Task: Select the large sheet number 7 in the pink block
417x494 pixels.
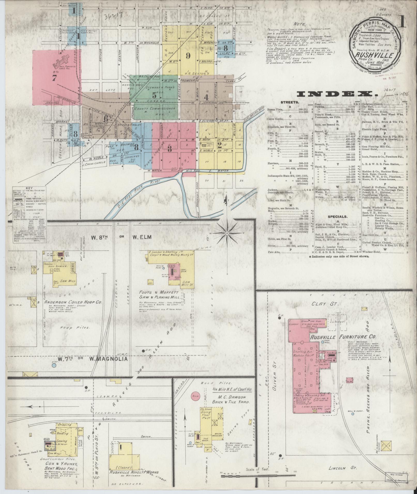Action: click(x=54, y=78)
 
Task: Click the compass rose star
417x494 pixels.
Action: click(x=227, y=233)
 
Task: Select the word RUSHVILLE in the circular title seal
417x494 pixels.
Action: click(x=375, y=55)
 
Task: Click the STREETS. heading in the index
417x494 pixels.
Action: click(x=289, y=102)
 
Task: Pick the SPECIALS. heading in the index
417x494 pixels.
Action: click(x=337, y=216)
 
